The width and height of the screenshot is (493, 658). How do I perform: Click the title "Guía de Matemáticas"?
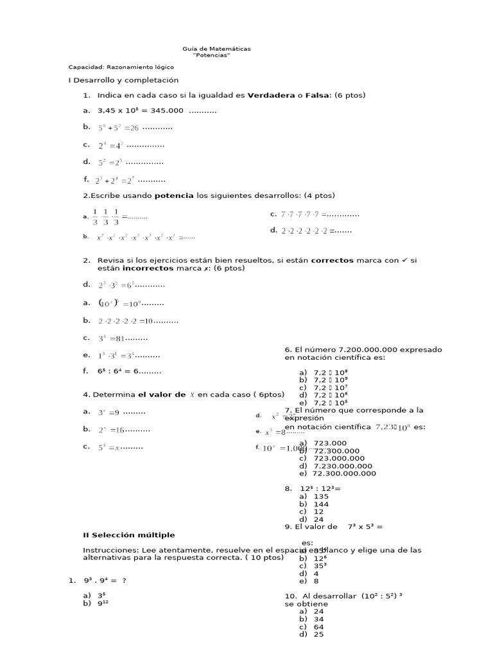[x=216, y=49]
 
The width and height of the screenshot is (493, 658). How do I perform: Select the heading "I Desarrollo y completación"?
[x=123, y=80]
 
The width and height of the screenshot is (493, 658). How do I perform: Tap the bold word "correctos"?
[x=332, y=260]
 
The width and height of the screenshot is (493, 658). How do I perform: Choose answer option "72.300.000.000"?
[x=344, y=474]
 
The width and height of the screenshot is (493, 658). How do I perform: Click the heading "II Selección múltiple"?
[x=128, y=535]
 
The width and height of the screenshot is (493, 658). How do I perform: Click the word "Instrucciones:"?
[x=107, y=550]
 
